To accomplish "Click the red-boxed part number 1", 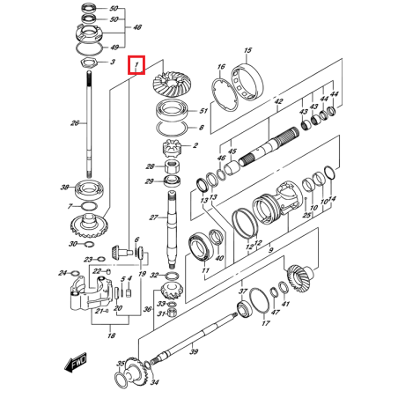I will pyautogui.click(x=136, y=65).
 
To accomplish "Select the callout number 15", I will pyautogui.click(x=247, y=51).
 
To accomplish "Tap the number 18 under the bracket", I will pyautogui.click(x=109, y=335).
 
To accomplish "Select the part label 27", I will pyautogui.click(x=152, y=218).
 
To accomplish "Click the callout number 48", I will pyautogui.click(x=137, y=28).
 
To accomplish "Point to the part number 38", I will pyautogui.click(x=64, y=188).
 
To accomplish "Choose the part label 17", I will pyautogui.click(x=264, y=323).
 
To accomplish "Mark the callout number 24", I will pyautogui.click(x=63, y=273).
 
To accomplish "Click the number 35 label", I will pyautogui.click(x=121, y=363).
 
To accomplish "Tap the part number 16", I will pyautogui.click(x=221, y=67).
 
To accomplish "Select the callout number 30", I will pyautogui.click(x=73, y=244).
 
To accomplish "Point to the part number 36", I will pyautogui.click(x=147, y=309).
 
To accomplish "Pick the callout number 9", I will pyautogui.click(x=271, y=251).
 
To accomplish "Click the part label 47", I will pyautogui.click(x=276, y=313).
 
